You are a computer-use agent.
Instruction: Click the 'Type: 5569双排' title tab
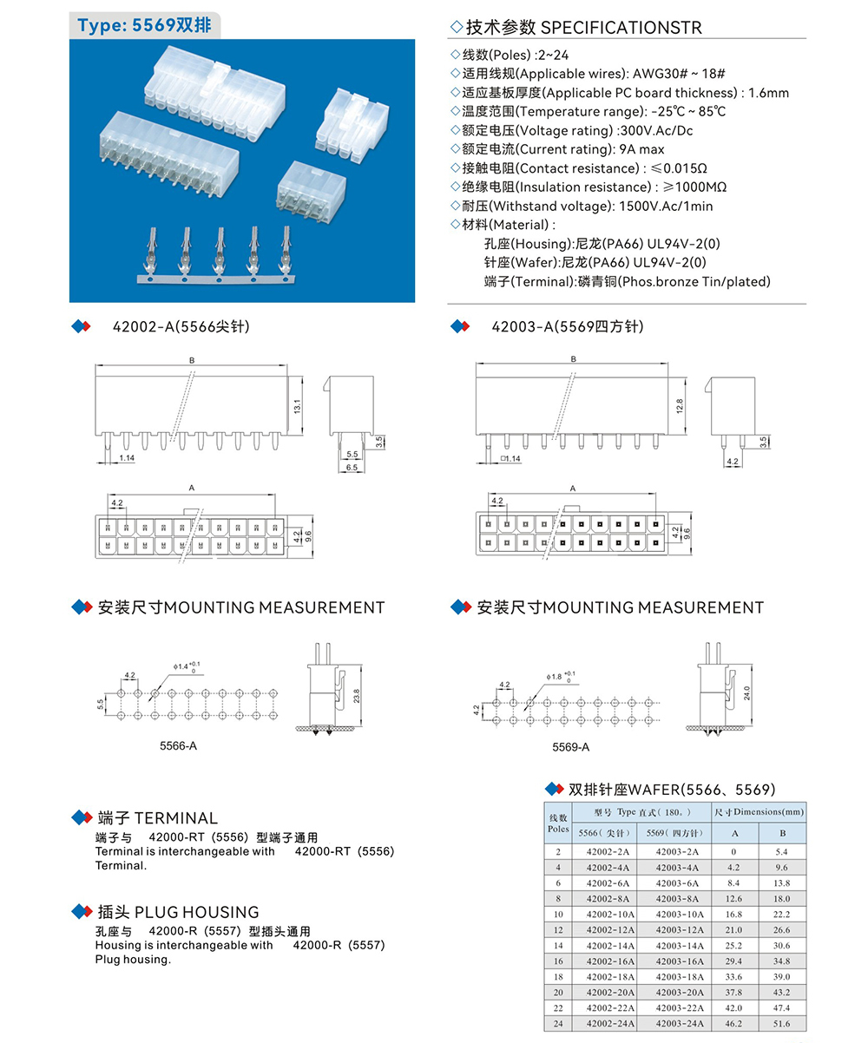coord(144,24)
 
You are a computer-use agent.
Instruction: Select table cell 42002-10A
coord(608,914)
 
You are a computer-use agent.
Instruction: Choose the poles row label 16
coord(557,961)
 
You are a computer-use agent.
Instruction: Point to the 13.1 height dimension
coord(297,406)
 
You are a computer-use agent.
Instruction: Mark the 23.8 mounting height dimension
coord(357,695)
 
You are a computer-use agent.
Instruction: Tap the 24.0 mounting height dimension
coord(747,693)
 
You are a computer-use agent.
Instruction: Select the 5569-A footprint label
coord(571,747)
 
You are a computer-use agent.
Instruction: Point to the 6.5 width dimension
coord(352,467)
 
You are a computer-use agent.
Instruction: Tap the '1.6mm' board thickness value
coord(768,93)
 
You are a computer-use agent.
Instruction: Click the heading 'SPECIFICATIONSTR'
coord(621,28)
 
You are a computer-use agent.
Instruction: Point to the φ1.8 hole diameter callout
coord(558,676)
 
